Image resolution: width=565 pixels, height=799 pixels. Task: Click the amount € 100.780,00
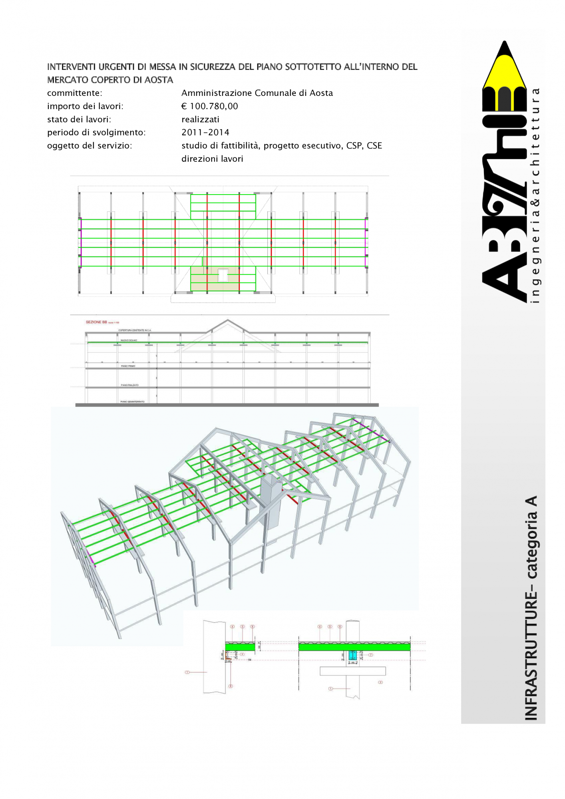point(209,106)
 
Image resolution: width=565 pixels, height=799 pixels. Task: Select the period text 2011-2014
point(205,133)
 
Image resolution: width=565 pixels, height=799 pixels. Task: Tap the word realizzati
point(200,119)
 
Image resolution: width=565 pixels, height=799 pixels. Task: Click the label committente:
point(75,93)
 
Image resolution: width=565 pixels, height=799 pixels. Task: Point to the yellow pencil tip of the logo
point(504,66)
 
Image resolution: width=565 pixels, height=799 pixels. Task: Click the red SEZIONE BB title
point(97,322)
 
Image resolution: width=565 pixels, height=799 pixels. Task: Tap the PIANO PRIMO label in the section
point(128,366)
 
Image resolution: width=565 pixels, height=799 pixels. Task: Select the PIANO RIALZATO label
point(129,385)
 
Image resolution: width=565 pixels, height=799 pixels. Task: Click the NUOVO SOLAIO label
point(129,340)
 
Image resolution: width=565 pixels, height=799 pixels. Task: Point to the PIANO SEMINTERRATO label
point(132,401)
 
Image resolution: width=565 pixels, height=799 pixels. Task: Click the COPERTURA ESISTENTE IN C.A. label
point(135,330)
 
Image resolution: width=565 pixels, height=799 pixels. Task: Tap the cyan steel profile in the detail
point(352,655)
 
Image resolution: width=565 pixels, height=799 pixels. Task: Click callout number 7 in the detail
point(370,655)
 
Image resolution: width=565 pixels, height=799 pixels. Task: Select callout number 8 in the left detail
point(231,686)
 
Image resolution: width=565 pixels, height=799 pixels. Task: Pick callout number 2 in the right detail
point(380,682)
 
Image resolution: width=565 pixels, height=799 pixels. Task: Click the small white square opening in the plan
point(223,275)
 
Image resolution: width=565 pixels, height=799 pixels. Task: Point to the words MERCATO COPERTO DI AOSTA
point(110,80)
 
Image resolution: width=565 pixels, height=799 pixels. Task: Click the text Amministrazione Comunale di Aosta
point(257,93)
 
